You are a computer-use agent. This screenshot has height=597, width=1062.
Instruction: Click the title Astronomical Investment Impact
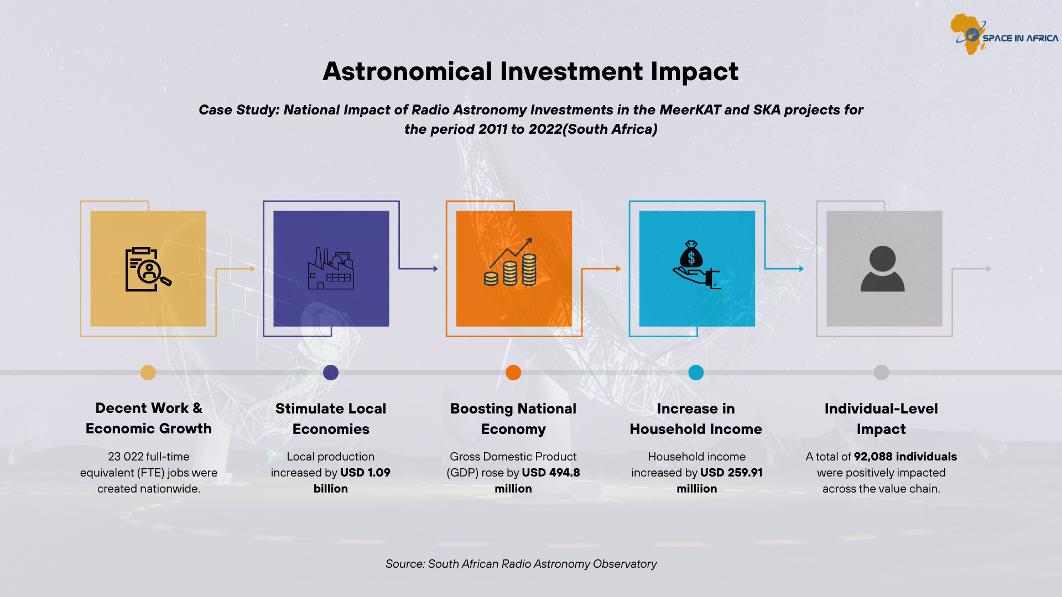coord(530,71)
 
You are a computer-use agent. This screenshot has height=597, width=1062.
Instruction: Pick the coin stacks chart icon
coord(510,262)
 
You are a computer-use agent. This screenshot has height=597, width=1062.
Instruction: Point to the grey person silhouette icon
coord(882,269)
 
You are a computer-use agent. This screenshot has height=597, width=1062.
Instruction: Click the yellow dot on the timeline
coord(148,373)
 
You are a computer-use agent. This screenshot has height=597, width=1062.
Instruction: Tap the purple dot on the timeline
coord(331,373)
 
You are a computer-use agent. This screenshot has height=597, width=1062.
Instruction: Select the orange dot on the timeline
coord(513,373)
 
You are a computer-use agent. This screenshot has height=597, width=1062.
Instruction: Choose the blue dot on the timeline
coord(696,373)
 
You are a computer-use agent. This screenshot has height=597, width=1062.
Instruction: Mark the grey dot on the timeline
coord(881,373)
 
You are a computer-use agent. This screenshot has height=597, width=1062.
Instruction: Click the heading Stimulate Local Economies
coord(331,418)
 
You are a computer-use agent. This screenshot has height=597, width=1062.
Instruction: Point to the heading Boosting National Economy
coord(513,418)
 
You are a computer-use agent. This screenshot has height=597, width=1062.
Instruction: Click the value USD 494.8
coord(551,473)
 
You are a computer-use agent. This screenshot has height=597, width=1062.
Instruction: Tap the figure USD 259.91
coord(731,473)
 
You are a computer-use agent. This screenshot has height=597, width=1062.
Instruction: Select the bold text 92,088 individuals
coord(905,457)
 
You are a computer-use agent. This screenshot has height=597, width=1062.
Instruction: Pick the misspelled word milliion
coord(697,489)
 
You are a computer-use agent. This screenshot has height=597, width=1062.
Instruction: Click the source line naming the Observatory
coord(521,564)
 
